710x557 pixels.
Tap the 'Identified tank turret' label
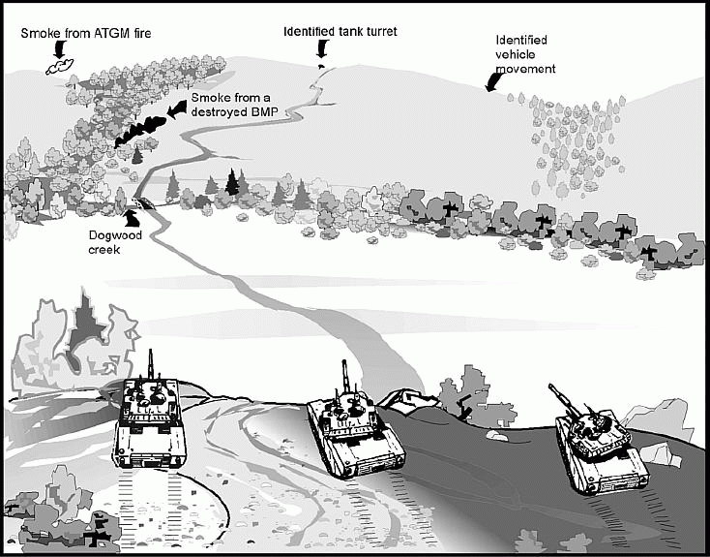pos(340,31)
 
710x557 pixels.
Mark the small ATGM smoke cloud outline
pos(60,66)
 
